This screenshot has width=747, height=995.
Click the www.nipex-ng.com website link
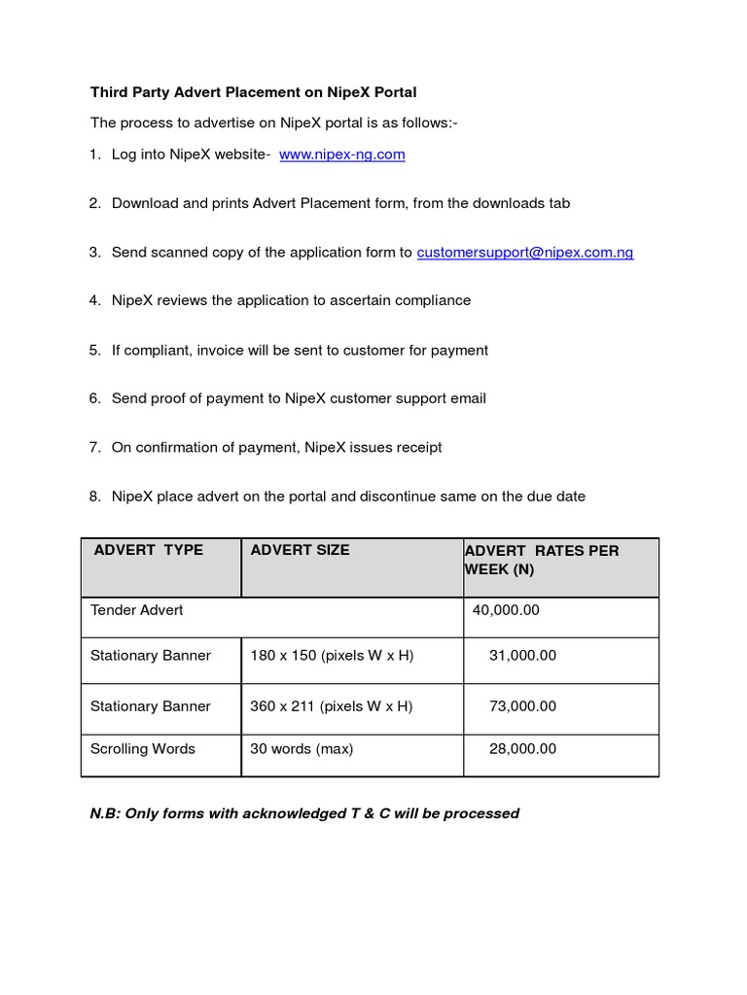pyautogui.click(x=341, y=154)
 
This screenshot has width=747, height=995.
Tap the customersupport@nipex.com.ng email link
pyautogui.click(x=525, y=253)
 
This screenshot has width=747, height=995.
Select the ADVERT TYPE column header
pyautogui.click(x=149, y=550)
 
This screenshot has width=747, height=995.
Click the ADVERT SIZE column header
pyautogui.click(x=300, y=550)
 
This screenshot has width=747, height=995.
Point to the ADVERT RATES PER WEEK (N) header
pyautogui.click(x=541, y=560)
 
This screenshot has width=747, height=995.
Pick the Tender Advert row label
pyautogui.click(x=137, y=610)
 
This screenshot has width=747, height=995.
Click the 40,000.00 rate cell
pyautogui.click(x=506, y=610)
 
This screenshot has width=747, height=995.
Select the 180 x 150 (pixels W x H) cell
pyautogui.click(x=332, y=656)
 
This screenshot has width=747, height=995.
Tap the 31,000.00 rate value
pyautogui.click(x=522, y=656)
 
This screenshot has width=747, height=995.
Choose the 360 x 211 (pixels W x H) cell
pyautogui.click(x=332, y=706)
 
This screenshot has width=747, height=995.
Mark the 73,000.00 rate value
pyautogui.click(x=522, y=706)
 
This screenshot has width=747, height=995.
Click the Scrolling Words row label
pyautogui.click(x=143, y=749)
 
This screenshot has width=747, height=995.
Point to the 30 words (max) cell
pyautogui.click(x=302, y=749)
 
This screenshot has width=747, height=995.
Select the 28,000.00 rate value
pyautogui.click(x=522, y=749)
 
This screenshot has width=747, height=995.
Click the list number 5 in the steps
pyautogui.click(x=94, y=350)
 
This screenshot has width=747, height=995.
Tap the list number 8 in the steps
pyautogui.click(x=94, y=497)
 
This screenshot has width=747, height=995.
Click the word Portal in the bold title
pyautogui.click(x=394, y=93)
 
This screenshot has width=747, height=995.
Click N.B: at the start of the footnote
pyautogui.click(x=105, y=813)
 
